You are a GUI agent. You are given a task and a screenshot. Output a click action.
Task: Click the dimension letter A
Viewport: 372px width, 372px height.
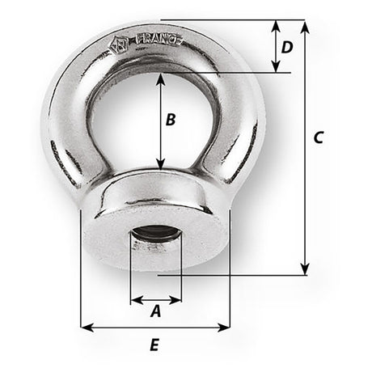[156, 309]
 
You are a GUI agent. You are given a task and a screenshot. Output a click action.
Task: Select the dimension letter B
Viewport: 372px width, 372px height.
[170, 120]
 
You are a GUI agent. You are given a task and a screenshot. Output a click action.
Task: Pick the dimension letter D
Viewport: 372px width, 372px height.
[286, 47]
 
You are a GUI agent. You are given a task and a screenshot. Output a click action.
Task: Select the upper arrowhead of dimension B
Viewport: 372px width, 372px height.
[163, 78]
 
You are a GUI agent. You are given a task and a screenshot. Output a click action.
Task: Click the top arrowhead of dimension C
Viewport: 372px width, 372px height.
[305, 24]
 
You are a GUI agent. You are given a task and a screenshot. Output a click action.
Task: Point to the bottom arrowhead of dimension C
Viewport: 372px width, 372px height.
[305, 270]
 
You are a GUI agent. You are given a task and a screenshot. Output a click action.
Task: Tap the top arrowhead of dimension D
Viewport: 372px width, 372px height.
[276, 23]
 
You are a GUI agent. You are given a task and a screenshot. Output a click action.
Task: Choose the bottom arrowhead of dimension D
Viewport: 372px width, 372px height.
[276, 69]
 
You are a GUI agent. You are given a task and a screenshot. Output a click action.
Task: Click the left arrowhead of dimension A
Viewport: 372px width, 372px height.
[133, 296]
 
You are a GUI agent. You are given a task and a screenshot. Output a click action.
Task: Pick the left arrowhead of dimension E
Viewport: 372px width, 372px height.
[85, 328]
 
